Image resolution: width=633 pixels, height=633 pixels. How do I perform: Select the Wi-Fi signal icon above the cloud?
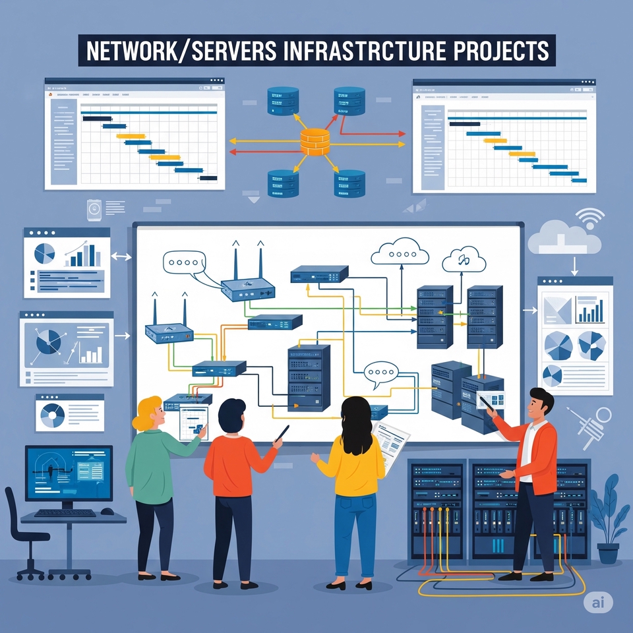589,217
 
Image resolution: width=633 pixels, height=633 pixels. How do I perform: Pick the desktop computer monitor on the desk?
69,472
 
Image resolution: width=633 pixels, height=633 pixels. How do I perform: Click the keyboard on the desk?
65,512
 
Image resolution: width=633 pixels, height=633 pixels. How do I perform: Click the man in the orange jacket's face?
543,405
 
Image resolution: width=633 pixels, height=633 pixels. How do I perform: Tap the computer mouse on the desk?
105,512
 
